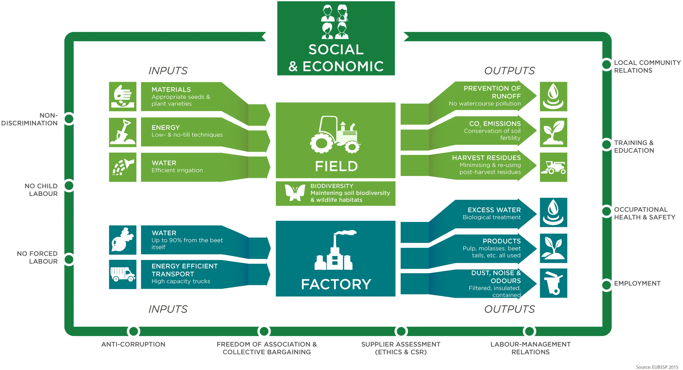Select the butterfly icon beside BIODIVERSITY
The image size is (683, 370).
coord(295,192)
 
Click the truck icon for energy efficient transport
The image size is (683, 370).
coord(123,274)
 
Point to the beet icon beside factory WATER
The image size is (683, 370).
coord(123,240)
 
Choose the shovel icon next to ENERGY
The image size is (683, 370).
coord(123,133)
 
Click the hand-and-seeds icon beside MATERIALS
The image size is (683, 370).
coord(123,96)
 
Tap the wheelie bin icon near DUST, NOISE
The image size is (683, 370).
coord(553,283)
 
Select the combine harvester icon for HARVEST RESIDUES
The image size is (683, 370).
coord(553,167)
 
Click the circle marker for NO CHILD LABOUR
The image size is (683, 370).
coord(69,186)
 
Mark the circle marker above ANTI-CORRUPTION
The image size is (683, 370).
coord(134,331)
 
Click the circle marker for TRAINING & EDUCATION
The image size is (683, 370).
coord(607,145)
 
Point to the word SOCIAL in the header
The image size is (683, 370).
coord(336,50)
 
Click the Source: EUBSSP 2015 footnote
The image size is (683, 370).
coord(657,367)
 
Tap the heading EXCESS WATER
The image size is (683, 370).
coord(494,210)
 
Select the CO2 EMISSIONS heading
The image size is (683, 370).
coord(495,124)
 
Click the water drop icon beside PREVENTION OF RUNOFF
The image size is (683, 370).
coord(553,96)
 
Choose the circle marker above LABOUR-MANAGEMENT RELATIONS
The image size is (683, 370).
coord(529,331)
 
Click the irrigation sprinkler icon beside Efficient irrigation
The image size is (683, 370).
coord(123,167)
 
